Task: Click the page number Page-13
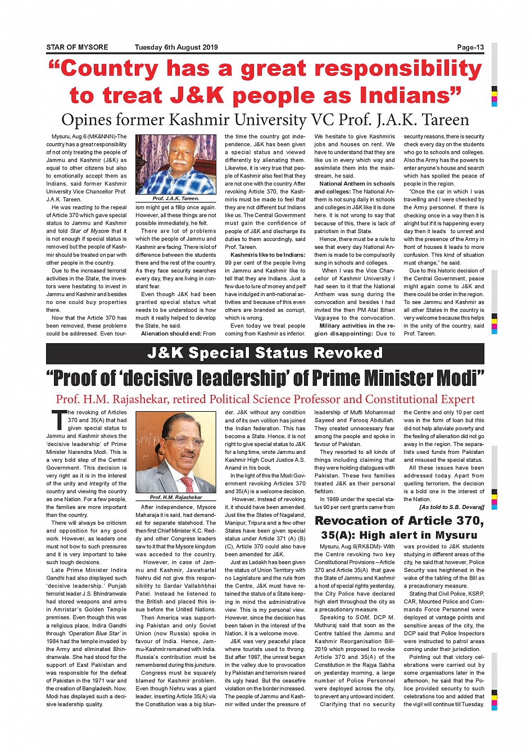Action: [x=470, y=48]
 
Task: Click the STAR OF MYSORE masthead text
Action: [x=77, y=48]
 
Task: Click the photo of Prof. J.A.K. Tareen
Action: [x=176, y=165]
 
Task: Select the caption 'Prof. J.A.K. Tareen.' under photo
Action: [x=176, y=199]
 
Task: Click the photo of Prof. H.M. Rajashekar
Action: [x=176, y=453]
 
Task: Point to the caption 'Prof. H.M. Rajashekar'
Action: [x=176, y=498]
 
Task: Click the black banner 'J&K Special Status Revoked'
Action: [x=265, y=353]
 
